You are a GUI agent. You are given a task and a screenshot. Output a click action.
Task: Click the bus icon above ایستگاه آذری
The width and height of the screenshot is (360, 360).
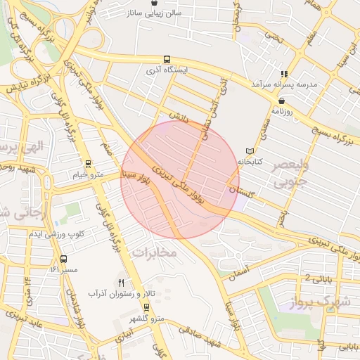click(x=167, y=60)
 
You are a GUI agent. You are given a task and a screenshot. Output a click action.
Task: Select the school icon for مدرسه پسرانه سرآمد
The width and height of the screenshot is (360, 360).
click(x=284, y=74)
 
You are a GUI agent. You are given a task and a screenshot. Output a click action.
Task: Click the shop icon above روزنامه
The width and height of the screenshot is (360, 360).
click(x=281, y=101)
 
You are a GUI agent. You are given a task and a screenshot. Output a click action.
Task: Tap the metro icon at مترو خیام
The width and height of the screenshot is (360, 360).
click(x=88, y=164)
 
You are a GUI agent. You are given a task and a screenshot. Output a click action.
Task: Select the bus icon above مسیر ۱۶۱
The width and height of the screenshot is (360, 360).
click(x=64, y=259)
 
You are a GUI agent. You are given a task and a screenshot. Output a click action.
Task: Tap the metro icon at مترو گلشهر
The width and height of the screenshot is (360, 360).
click(x=146, y=307)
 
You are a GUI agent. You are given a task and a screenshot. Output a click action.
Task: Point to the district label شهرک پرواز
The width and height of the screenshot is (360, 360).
click(x=323, y=304)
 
